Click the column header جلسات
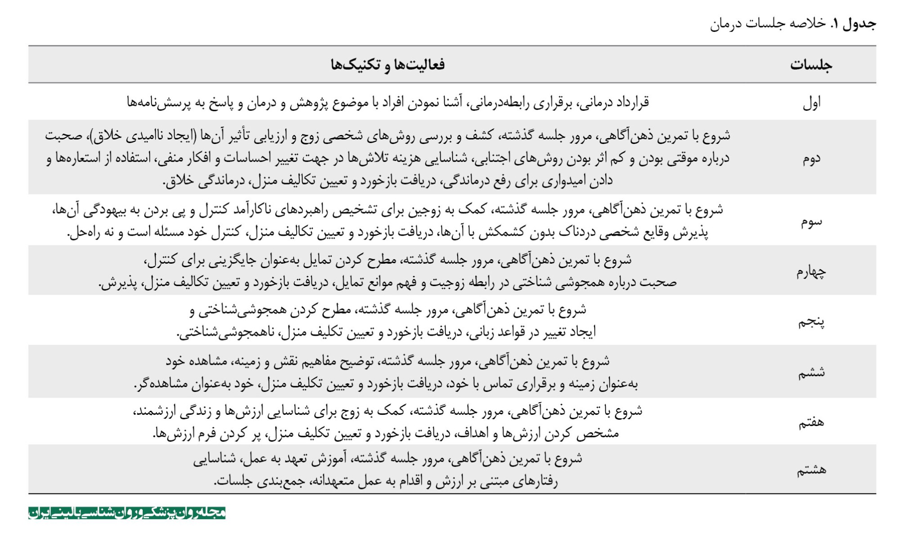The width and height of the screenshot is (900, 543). pos(811,65)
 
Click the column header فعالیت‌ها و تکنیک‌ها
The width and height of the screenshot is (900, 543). pos(387,65)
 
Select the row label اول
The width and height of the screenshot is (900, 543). pos(812,103)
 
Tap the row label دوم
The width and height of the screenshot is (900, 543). pos(812,158)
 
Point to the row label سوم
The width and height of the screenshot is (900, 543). pos(811,221)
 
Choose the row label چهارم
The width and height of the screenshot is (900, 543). pos(811,272)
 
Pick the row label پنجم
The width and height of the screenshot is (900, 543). pos(811,322)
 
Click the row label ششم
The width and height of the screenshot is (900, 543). pos(811,372)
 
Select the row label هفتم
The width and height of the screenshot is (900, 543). pos(811,422)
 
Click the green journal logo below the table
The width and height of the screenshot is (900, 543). pos(127,513)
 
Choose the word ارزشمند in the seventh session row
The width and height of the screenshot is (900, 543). pos(153,411)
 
